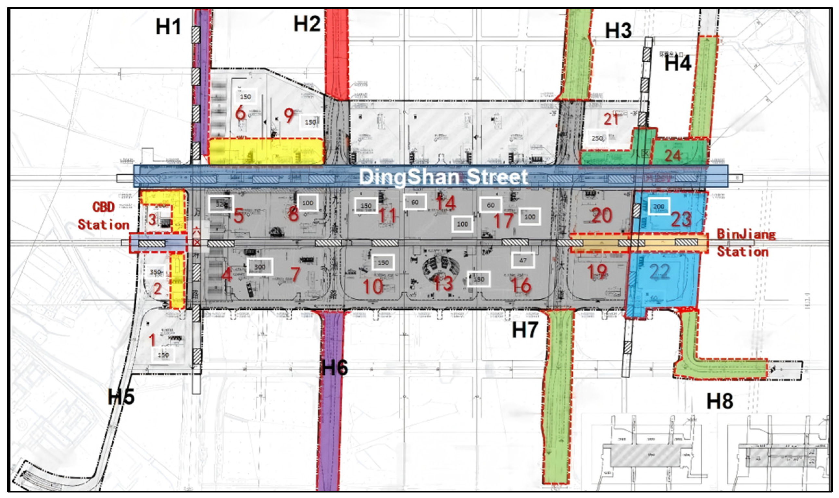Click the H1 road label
tap(169, 27)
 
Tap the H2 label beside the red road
tap(307, 24)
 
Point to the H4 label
tap(678, 63)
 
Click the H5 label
tap(121, 397)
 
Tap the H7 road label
tap(525, 330)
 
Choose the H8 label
tap(720, 401)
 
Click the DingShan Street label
tap(444, 177)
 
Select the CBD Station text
tap(103, 216)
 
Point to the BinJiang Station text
tap(746, 243)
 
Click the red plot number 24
tap(672, 156)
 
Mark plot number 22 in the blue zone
tap(659, 272)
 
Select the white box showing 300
tap(260, 267)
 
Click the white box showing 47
tap(523, 260)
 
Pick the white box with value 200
tap(659, 206)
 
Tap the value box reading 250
tap(597, 138)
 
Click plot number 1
tap(152, 340)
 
